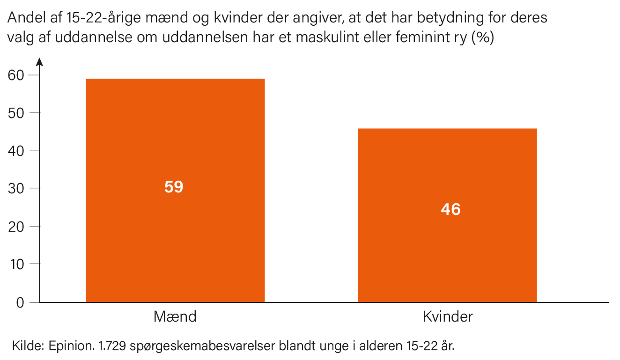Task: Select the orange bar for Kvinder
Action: pos(447,253)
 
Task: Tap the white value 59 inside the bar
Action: pos(174,187)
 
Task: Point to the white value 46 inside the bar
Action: pos(450,209)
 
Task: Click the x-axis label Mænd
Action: pos(175,317)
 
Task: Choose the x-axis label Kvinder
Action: pos(448,317)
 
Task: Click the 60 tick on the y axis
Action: pos(19,75)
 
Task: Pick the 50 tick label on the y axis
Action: pos(19,113)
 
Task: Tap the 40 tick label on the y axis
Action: pos(19,151)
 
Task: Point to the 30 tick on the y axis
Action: pos(19,189)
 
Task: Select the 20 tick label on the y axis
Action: pos(19,227)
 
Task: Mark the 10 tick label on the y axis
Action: pos(19,264)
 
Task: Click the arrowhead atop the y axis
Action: pos(39,61)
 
